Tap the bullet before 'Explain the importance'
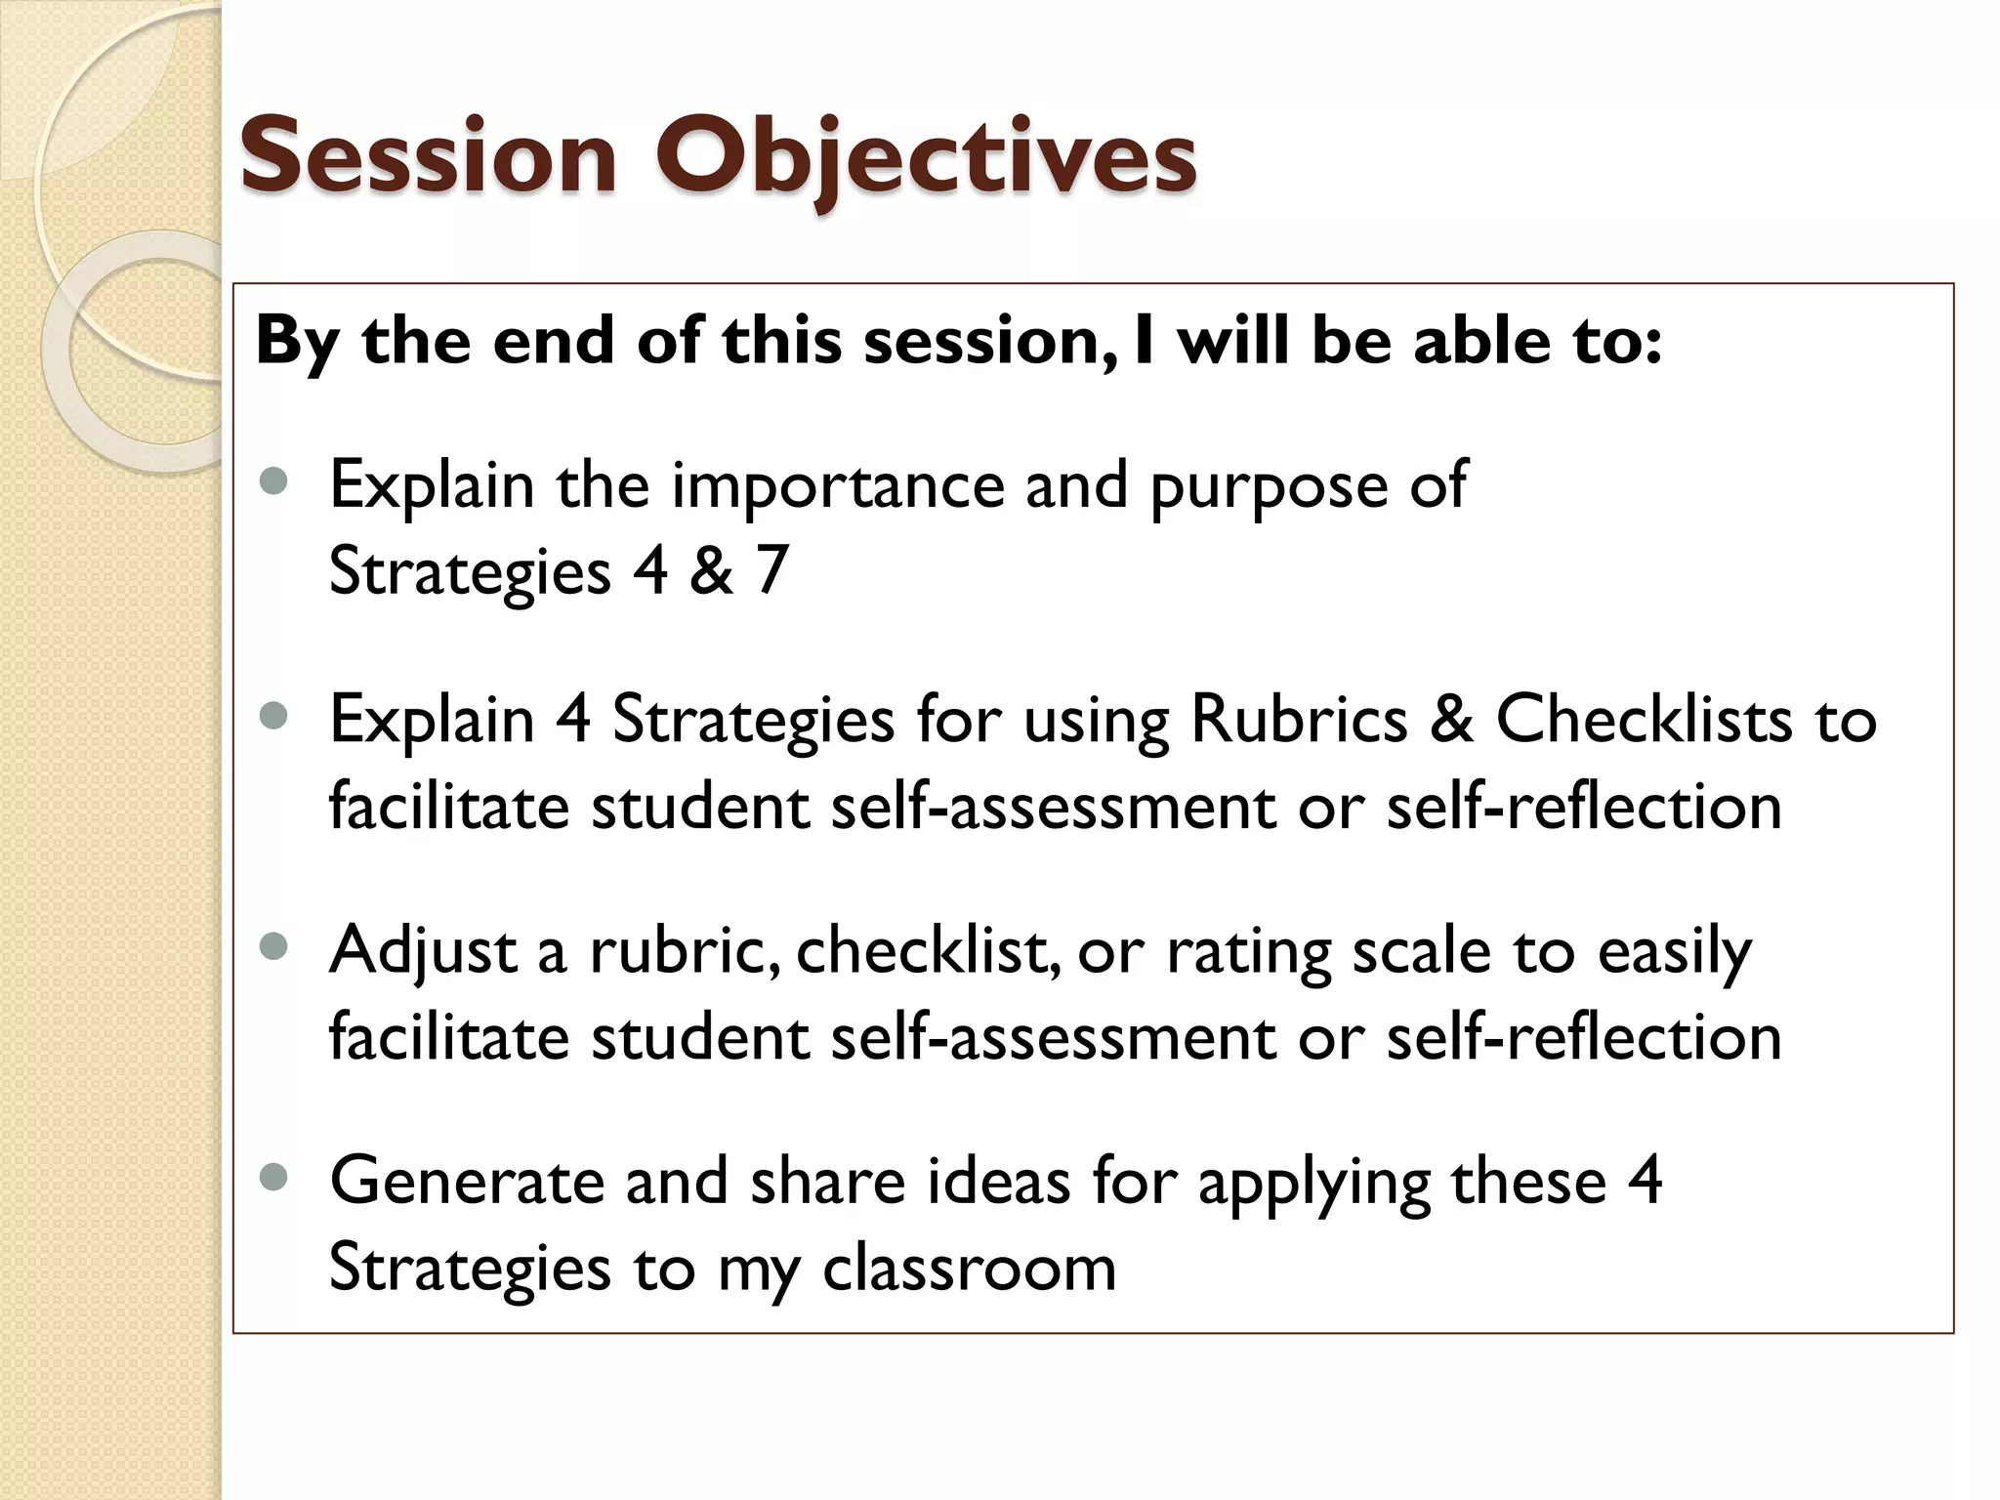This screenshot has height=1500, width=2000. (x=275, y=481)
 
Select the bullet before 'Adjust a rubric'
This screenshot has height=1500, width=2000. (x=275, y=946)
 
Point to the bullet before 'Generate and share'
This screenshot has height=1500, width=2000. (x=275, y=1178)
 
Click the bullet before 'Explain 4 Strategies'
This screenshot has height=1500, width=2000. (x=275, y=716)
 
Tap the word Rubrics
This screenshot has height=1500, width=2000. (x=1299, y=720)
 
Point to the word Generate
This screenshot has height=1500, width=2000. (x=467, y=1182)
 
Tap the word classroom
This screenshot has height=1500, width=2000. (x=969, y=1268)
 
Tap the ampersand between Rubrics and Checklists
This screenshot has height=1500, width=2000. (x=1451, y=720)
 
